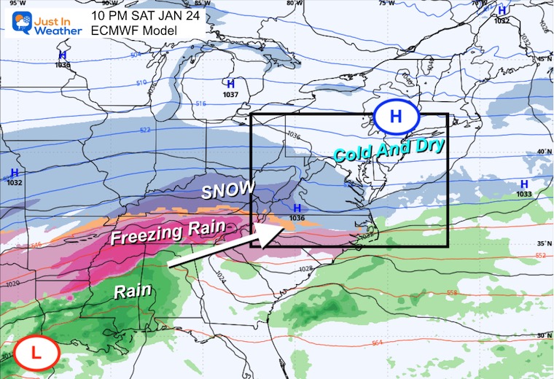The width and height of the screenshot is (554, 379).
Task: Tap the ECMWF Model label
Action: click(130, 31)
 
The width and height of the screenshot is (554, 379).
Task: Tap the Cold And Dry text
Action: click(389, 152)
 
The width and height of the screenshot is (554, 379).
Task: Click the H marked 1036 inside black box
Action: click(296, 208)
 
